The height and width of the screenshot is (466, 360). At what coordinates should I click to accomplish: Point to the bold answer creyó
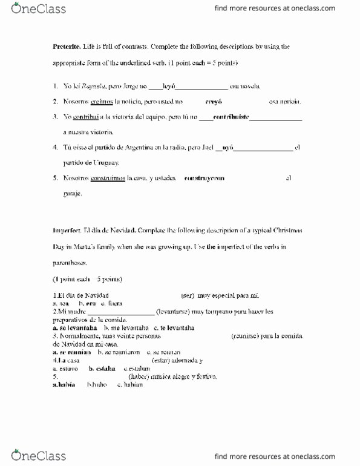click(214, 102)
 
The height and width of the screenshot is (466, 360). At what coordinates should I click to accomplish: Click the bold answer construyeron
click(204, 179)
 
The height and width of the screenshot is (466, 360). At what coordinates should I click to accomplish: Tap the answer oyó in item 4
click(228, 148)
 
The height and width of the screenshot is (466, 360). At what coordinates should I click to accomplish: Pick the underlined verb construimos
click(108, 179)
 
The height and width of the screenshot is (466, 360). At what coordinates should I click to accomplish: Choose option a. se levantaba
click(75, 328)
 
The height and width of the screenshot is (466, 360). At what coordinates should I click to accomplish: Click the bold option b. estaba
click(102, 368)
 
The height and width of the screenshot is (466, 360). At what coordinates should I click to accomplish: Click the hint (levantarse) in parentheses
click(174, 312)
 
